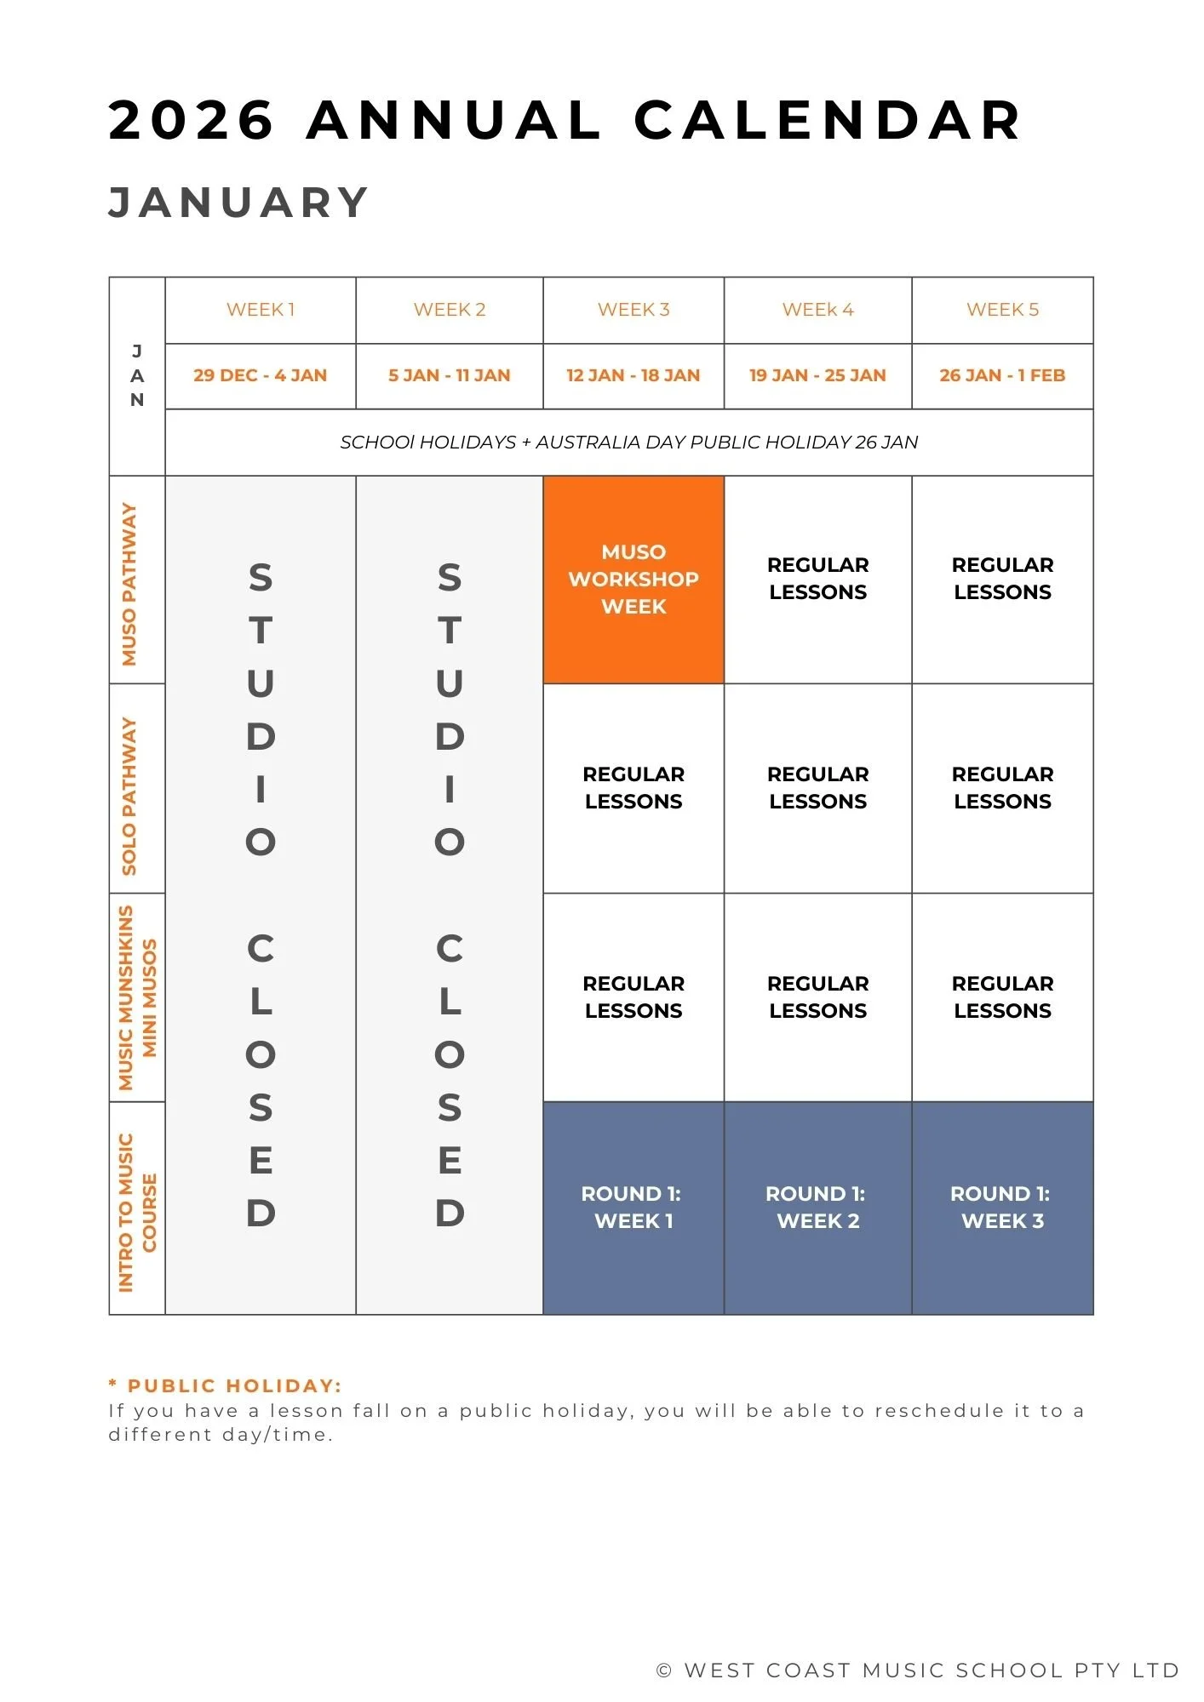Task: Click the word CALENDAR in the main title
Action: coord(828,120)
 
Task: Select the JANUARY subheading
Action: coord(239,203)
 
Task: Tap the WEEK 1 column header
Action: coord(261,310)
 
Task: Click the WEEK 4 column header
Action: coord(817,310)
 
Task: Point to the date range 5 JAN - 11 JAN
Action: coord(449,375)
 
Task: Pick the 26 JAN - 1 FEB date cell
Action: coord(1002,375)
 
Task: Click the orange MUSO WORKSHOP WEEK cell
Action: coord(634,580)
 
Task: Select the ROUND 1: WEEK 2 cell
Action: coord(817,1207)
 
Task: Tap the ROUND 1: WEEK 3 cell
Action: coord(1002,1207)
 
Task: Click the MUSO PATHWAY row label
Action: coord(129,584)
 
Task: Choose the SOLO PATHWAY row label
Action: coord(129,796)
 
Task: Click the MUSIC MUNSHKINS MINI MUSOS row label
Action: coord(137,997)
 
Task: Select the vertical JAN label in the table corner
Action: coord(137,375)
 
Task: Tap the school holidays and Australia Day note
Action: coord(628,443)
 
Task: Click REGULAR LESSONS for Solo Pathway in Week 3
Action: coord(634,788)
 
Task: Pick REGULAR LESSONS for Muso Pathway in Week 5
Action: coord(1002,579)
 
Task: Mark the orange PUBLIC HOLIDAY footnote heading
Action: coord(226,1386)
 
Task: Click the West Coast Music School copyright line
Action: coord(917,1671)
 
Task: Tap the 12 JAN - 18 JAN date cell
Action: coord(634,375)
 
